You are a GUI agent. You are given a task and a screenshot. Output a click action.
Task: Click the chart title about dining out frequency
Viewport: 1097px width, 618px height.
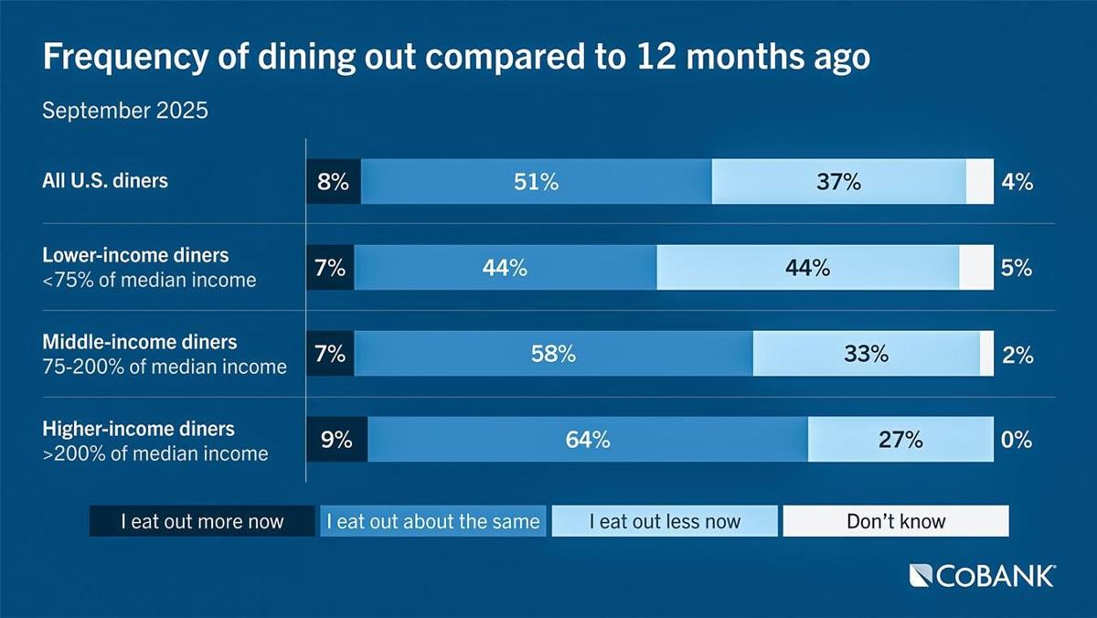tap(456, 57)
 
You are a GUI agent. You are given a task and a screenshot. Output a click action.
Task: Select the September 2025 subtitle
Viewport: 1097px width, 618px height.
tap(125, 112)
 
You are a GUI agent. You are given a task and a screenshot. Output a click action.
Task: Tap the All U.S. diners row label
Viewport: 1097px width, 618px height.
tap(105, 181)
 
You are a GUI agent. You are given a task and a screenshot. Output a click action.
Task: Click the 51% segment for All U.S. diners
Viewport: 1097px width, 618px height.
tap(536, 181)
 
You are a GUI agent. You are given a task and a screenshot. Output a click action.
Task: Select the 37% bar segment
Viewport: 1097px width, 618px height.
tap(838, 181)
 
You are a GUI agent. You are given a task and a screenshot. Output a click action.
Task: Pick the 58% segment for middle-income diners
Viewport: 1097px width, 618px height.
tap(553, 354)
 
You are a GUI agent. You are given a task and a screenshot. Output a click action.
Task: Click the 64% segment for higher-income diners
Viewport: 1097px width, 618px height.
tap(588, 440)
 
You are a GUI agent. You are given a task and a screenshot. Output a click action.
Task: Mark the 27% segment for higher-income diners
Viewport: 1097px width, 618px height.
tap(900, 440)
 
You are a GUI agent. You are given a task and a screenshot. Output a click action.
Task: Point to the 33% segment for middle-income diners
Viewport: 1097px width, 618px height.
tap(866, 354)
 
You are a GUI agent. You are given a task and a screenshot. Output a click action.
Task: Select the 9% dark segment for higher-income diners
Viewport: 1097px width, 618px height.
tap(337, 440)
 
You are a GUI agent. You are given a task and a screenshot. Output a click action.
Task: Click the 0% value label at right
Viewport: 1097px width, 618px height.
tap(1017, 440)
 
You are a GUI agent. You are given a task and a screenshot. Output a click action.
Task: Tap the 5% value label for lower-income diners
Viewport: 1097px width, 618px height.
tap(1017, 268)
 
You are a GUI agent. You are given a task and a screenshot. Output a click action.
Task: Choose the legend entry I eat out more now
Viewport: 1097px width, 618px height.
tap(202, 522)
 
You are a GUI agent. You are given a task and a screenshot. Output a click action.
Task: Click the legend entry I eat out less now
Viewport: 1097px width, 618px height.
tap(665, 522)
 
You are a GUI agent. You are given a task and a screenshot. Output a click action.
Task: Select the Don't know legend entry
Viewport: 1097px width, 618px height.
tap(896, 522)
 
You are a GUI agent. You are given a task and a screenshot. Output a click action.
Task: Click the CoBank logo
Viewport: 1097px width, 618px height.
tap(983, 575)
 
